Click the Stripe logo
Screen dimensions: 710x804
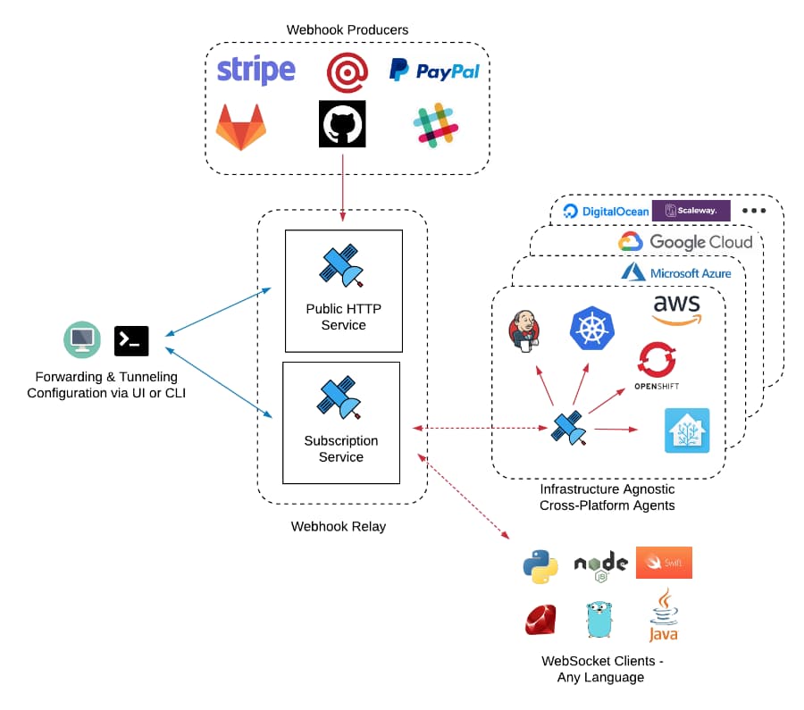255,70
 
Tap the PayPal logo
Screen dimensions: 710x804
435,71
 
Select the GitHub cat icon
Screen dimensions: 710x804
342,123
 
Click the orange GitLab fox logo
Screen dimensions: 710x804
241,126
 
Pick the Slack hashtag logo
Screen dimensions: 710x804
435,125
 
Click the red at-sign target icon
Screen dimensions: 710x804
347,71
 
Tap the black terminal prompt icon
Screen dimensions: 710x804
131,340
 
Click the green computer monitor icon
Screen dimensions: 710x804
81,339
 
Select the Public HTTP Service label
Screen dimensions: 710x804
343,317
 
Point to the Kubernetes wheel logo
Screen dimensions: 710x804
592,327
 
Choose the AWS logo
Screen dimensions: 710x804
676,309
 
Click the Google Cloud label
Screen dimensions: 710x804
685,242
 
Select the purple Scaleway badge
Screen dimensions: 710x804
691,211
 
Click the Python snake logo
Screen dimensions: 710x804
540,566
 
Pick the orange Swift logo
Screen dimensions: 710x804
664,562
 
